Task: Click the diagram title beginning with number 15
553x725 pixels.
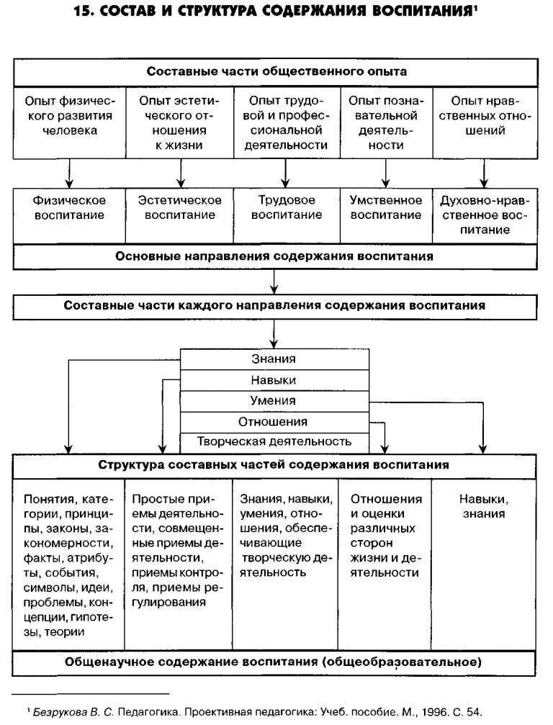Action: (x=276, y=13)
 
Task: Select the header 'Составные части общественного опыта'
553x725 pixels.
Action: (x=276, y=72)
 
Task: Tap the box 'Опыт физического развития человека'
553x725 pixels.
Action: (x=69, y=122)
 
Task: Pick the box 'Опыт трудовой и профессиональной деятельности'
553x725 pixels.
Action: (x=286, y=122)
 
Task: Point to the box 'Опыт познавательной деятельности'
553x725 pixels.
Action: (x=386, y=122)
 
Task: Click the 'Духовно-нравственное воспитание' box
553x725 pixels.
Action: (x=485, y=215)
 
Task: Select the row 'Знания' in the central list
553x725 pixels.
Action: (x=274, y=359)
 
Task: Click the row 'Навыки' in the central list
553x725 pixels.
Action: (x=274, y=379)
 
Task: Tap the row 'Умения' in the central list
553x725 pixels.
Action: (x=274, y=400)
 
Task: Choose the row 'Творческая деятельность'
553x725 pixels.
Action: (x=274, y=441)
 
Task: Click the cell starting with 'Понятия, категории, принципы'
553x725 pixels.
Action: (x=69, y=565)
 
